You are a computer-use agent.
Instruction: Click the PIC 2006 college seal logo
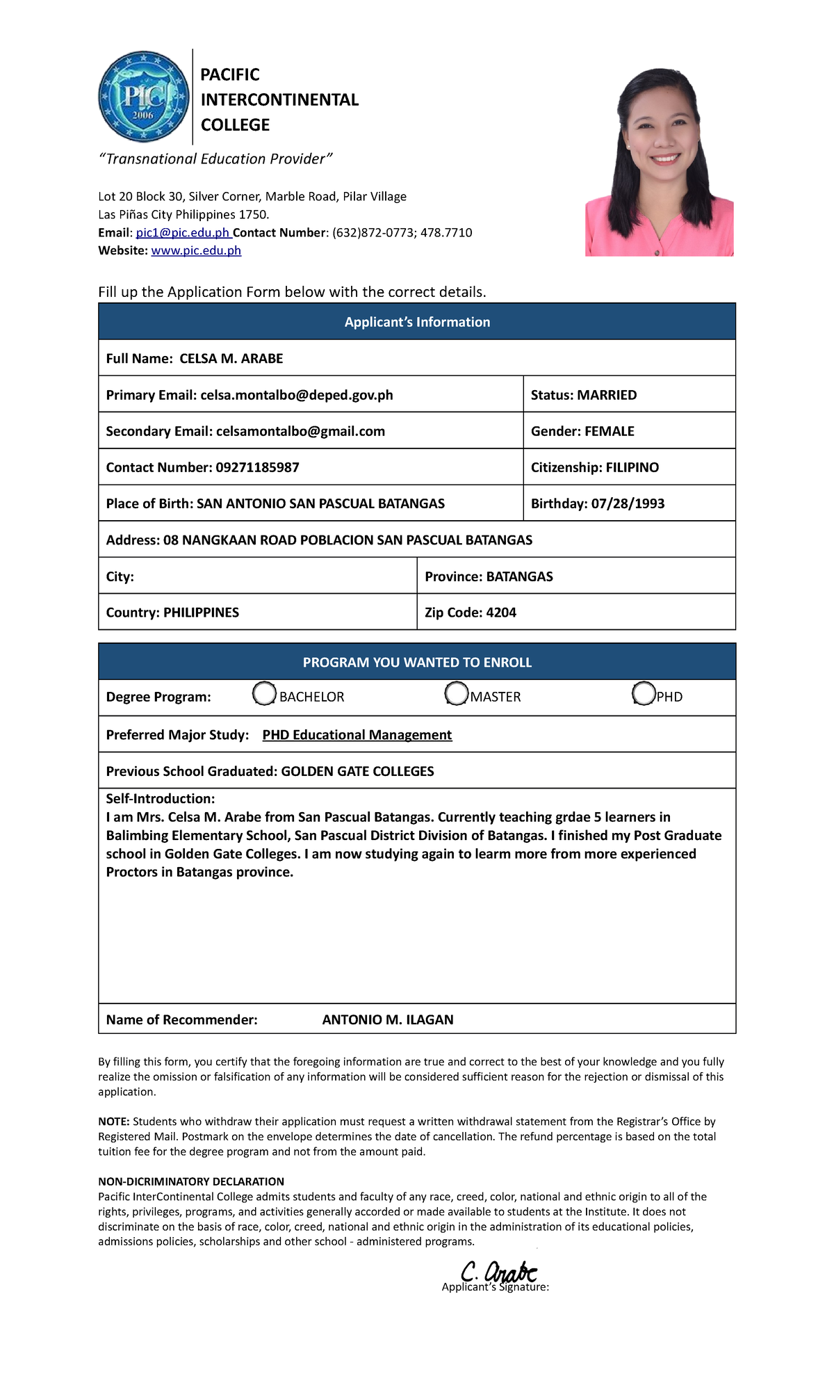pyautogui.click(x=143, y=97)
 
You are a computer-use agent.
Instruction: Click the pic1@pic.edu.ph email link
pyautogui.click(x=183, y=233)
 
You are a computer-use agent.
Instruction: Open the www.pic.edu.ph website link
pyautogui.click(x=196, y=251)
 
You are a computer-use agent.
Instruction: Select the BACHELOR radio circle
pyautogui.click(x=264, y=694)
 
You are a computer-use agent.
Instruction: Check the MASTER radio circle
pyautogui.click(x=457, y=694)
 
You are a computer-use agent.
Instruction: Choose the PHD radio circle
pyautogui.click(x=644, y=694)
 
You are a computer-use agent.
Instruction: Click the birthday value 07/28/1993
pyautogui.click(x=628, y=504)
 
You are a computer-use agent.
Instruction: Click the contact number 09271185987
pyautogui.click(x=257, y=468)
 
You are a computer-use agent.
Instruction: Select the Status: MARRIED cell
pyautogui.click(x=628, y=395)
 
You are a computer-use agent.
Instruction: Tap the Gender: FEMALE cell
pyautogui.click(x=628, y=431)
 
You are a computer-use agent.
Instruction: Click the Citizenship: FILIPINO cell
pyautogui.click(x=628, y=468)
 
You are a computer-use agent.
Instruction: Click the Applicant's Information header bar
pyautogui.click(x=417, y=322)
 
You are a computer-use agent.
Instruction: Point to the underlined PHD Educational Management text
pyautogui.click(x=357, y=736)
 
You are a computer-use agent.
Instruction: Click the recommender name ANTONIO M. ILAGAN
pyautogui.click(x=388, y=1020)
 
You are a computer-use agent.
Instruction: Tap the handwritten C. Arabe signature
pyautogui.click(x=500, y=1272)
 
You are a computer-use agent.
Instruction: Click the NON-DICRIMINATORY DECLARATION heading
pyautogui.click(x=191, y=1181)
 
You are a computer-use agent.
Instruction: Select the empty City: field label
pyautogui.click(x=120, y=577)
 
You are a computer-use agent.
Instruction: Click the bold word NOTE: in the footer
pyautogui.click(x=114, y=1122)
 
